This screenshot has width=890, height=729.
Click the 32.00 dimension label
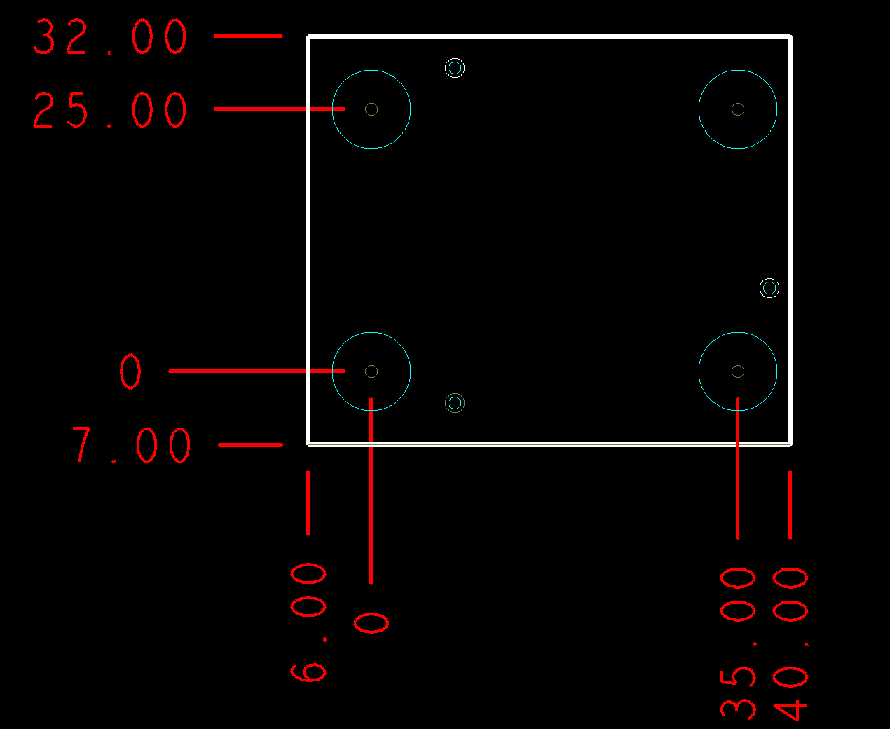point(110,36)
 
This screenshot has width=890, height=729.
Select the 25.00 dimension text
point(110,110)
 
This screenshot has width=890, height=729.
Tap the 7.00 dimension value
point(131,444)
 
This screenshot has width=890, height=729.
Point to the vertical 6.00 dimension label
point(308,622)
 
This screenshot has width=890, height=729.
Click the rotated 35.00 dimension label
point(738,644)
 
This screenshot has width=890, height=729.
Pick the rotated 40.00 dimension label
point(790,644)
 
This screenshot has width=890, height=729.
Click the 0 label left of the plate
point(130,371)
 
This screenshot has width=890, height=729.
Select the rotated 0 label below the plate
point(371,623)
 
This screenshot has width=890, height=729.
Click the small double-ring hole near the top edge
point(455,58)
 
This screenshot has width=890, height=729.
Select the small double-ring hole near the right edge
point(769,278)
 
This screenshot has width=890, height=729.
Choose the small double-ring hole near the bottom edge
point(455,393)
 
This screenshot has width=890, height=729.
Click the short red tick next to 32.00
point(249,36)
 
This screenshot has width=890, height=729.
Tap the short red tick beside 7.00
point(250,444)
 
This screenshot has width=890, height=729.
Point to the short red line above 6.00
point(308,503)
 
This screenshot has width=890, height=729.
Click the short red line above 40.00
point(790,505)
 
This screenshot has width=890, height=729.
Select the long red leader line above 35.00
point(738,468)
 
